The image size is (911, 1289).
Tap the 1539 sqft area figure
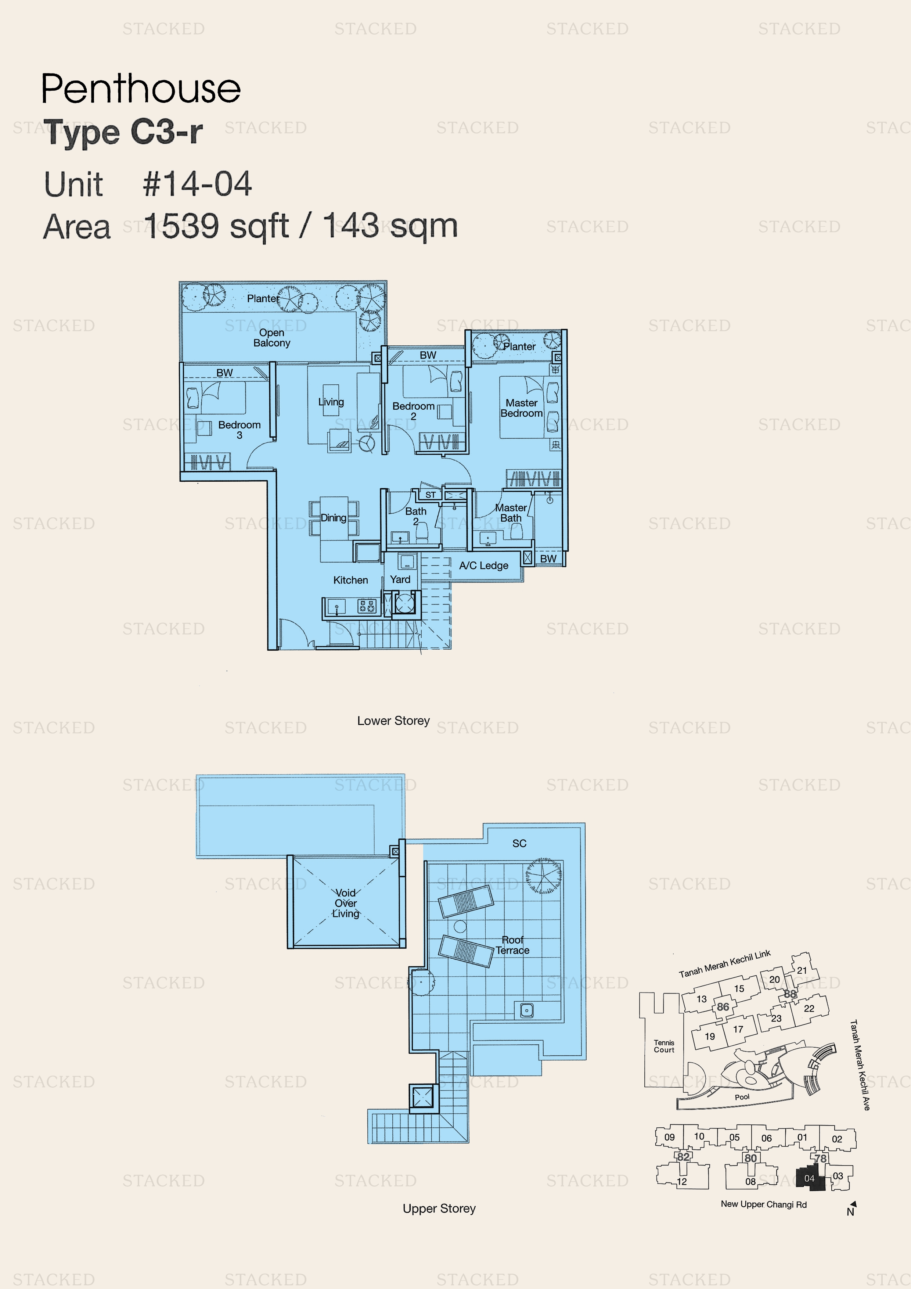(216, 226)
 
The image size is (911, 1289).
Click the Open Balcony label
(272, 337)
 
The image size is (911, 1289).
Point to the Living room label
(331, 402)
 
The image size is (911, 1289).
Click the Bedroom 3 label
(239, 430)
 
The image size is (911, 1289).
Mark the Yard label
(400, 579)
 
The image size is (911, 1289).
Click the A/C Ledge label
(483, 565)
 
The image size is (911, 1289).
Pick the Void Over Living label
(346, 903)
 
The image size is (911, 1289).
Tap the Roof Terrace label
(512, 945)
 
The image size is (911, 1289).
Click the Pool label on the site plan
(742, 1096)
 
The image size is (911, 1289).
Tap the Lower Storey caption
(393, 720)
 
